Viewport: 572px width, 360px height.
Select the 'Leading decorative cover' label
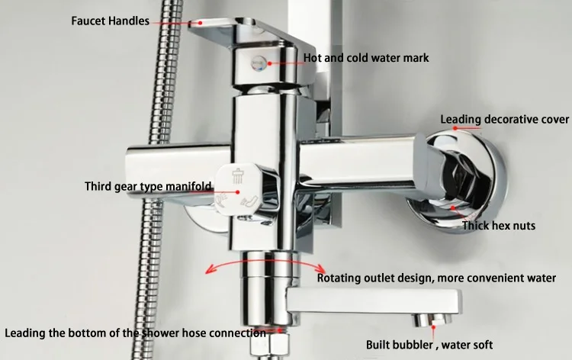pyautogui.click(x=505, y=120)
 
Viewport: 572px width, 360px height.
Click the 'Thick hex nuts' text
pyautogui.click(x=499, y=226)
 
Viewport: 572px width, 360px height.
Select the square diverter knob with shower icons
pyautogui.click(x=243, y=188)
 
